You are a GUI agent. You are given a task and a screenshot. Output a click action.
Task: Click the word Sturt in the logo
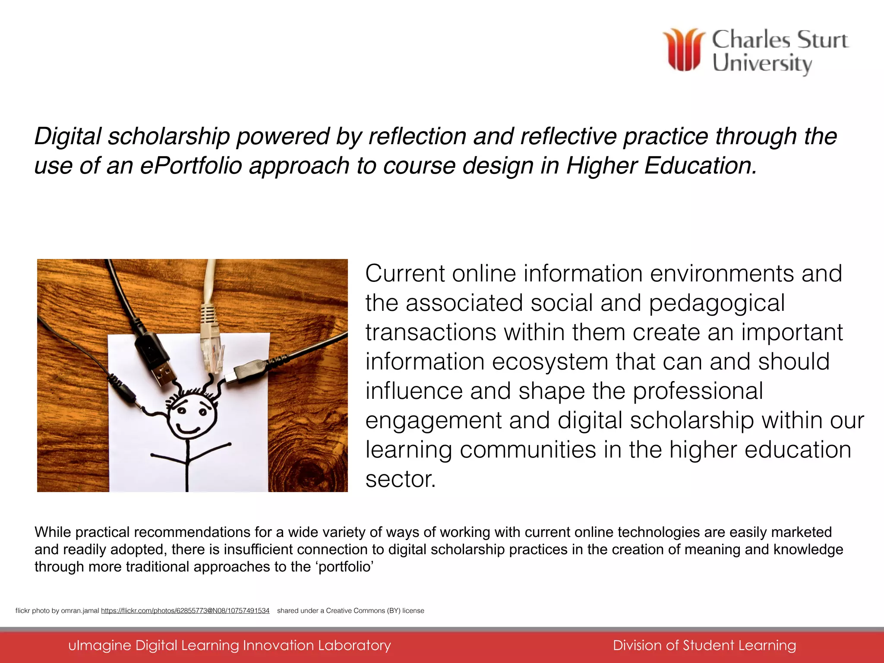(x=822, y=40)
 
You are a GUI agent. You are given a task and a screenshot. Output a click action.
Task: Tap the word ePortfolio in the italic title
(x=191, y=165)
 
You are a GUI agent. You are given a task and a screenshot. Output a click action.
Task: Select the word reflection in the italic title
(x=417, y=136)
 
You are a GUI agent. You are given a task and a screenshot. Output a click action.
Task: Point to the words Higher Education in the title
(x=661, y=165)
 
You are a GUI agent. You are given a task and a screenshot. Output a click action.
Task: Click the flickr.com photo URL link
(x=185, y=610)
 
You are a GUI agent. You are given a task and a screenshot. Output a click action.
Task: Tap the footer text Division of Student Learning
(x=704, y=645)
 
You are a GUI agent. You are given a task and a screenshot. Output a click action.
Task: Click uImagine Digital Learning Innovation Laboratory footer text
(x=230, y=645)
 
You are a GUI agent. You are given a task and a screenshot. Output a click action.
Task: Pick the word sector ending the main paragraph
(x=399, y=479)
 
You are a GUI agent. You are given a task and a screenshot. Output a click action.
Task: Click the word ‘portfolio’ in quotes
(x=346, y=567)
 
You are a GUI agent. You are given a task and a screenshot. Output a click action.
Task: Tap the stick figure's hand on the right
(x=229, y=444)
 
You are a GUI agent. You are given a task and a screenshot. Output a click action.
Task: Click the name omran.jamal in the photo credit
(x=80, y=610)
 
